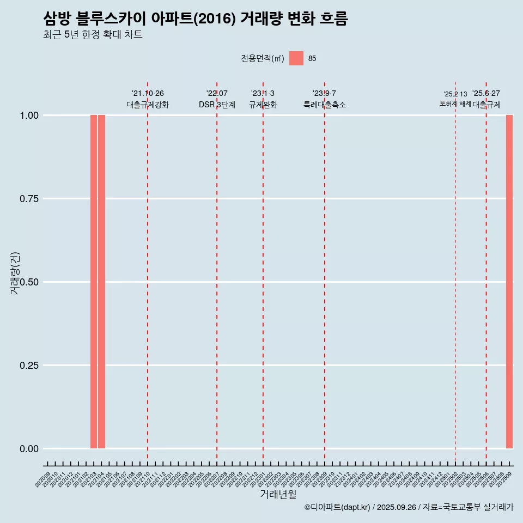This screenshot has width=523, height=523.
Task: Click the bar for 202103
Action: tap(94, 282)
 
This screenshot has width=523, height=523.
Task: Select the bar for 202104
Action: tap(101, 282)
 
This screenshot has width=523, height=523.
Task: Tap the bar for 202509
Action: tap(509, 282)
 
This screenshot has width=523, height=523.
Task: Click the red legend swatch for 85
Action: tap(296, 58)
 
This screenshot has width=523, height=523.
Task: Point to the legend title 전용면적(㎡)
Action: tap(263, 59)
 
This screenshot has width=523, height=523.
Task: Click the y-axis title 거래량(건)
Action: tap(15, 273)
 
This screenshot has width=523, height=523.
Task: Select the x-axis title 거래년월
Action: tap(278, 495)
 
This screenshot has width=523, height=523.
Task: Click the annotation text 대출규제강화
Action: tap(148, 105)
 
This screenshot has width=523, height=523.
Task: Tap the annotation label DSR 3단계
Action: tap(217, 105)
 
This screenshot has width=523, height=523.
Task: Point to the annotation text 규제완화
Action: tap(263, 105)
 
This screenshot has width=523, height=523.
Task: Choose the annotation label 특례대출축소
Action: tap(325, 105)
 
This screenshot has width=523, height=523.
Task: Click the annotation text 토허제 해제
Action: tap(455, 104)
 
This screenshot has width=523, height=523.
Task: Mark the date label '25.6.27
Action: tap(486, 94)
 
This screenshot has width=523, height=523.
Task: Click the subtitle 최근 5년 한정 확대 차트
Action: tap(93, 35)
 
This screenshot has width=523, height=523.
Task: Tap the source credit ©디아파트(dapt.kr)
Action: tap(337, 507)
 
